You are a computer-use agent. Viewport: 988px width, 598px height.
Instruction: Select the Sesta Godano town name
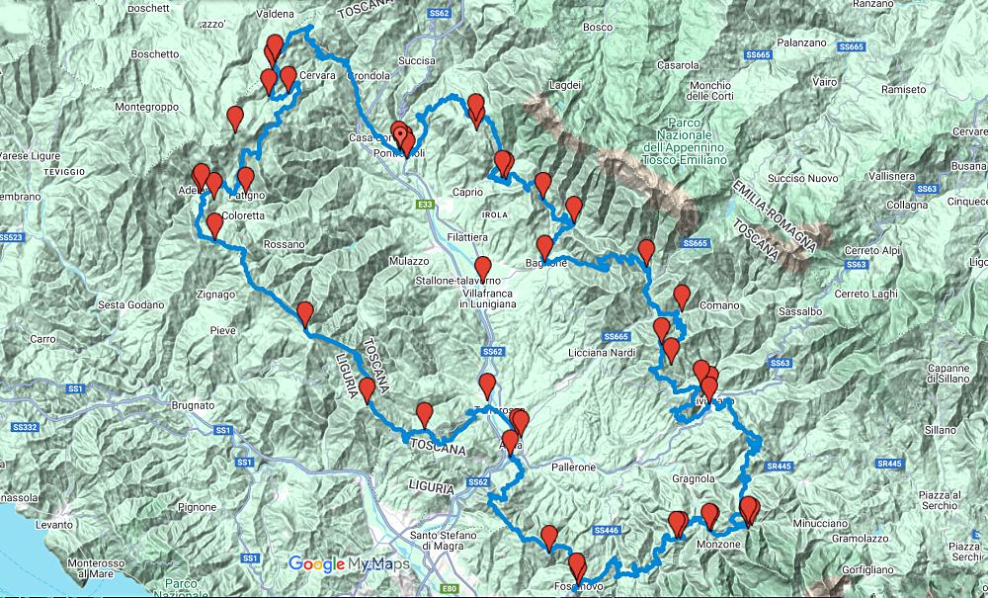(130, 304)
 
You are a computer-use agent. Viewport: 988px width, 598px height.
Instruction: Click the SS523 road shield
(11, 237)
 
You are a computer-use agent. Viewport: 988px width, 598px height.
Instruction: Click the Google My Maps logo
(349, 564)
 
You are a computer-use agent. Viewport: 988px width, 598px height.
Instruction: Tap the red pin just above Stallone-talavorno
(483, 267)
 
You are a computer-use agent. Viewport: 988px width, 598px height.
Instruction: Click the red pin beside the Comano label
(682, 295)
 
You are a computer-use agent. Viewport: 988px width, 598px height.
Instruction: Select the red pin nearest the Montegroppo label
(235, 118)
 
